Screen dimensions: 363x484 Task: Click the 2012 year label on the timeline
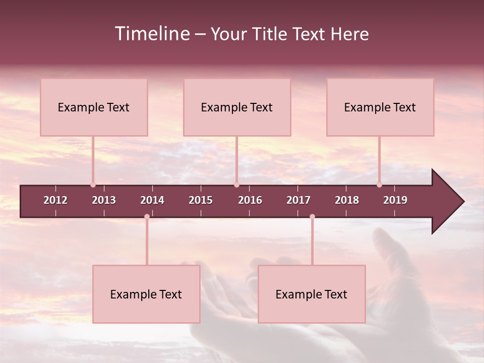point(55,200)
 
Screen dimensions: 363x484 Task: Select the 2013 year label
point(104,200)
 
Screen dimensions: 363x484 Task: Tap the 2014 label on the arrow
point(152,200)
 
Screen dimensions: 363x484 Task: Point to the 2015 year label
point(201,200)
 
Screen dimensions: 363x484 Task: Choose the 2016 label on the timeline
point(250,200)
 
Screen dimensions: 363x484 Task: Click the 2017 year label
point(298,200)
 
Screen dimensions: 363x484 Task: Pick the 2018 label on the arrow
point(347,200)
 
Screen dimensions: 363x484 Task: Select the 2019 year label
point(395,200)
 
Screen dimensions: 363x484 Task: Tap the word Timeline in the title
point(152,34)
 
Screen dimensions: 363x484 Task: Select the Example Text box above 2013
point(94,107)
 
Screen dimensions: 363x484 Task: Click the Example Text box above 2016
point(237,107)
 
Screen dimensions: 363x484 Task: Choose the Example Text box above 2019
point(380,107)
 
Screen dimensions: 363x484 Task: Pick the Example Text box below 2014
point(146,294)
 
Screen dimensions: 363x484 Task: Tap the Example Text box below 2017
point(312,294)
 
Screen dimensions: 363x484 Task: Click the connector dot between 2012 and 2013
point(93,185)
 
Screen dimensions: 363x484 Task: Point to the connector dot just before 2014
point(147,217)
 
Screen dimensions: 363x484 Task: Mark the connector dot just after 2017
point(312,217)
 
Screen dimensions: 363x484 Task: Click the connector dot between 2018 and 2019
point(379,185)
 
